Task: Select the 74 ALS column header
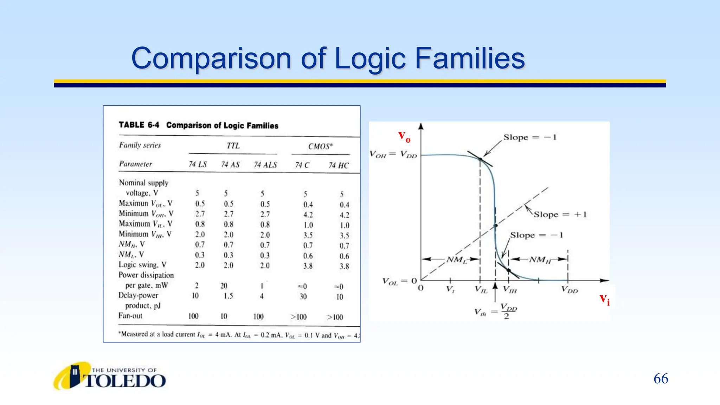coord(265,165)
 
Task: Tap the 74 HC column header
coord(338,165)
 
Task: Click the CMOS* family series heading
coord(320,146)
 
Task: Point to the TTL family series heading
coord(233,146)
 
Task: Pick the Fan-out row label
coord(130,316)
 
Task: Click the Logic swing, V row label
coord(142,265)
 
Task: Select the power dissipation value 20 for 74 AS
coord(224,286)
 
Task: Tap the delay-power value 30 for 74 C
coord(303,297)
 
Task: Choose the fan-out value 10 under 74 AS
coord(224,316)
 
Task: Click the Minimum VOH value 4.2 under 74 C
coord(308,215)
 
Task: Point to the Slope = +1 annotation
coord(560,214)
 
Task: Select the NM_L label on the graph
coord(456,260)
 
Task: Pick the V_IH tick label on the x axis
coord(510,290)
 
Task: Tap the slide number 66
coord(661,379)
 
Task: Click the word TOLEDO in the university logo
coord(125,381)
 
